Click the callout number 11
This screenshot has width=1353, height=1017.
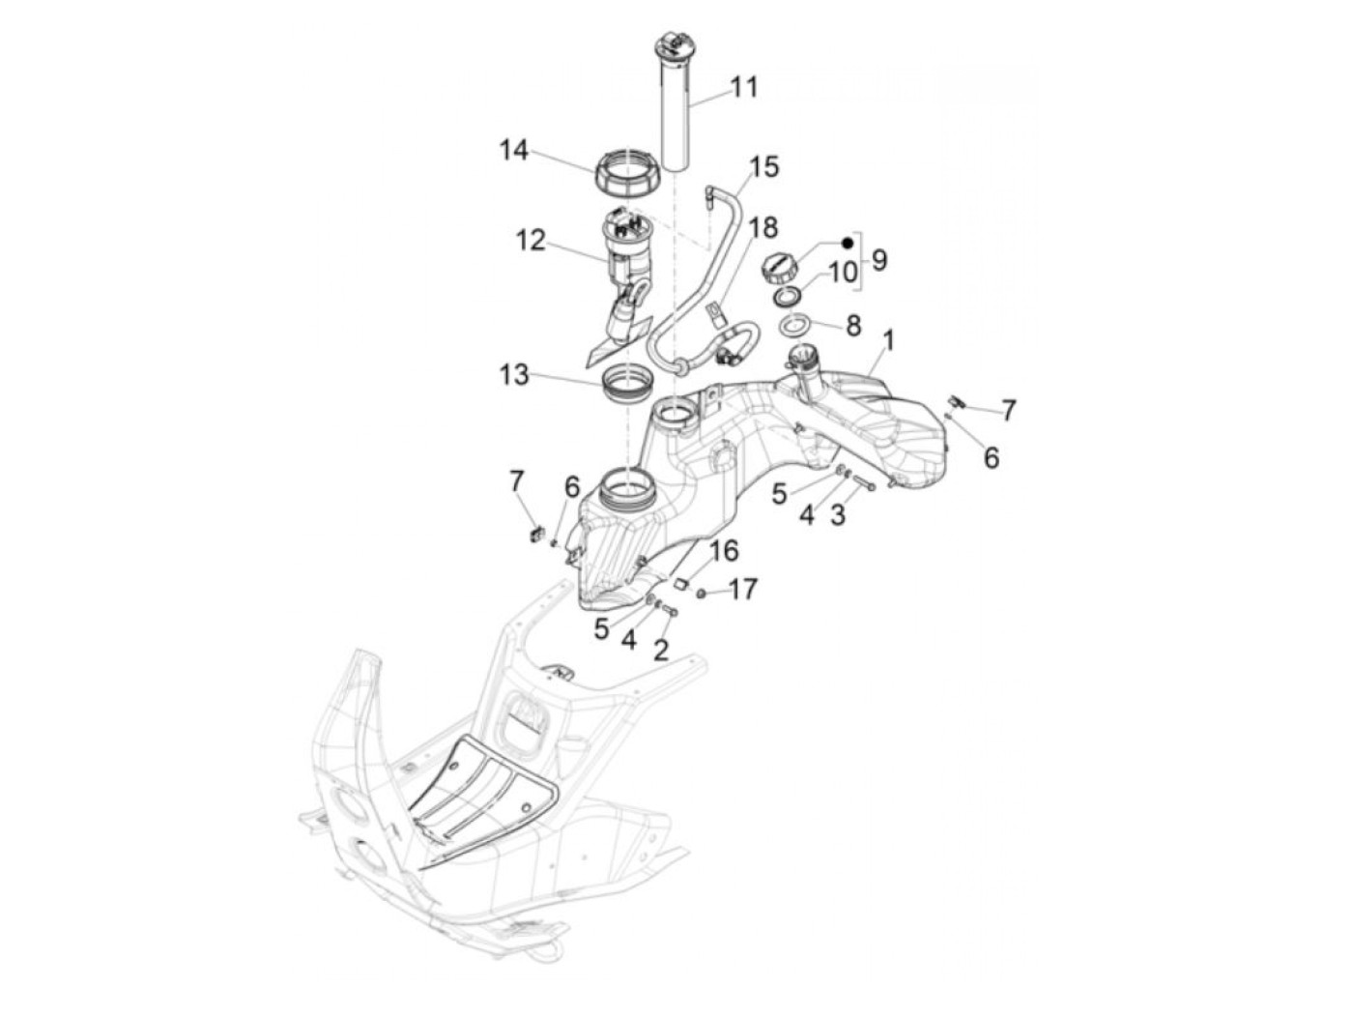coord(744,87)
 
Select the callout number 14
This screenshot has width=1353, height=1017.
coord(514,151)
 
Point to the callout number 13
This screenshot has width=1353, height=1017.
coord(514,374)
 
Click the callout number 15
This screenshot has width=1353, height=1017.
coord(763,166)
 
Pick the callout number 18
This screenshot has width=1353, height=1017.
coord(763,228)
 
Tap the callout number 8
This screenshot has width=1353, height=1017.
coord(852,326)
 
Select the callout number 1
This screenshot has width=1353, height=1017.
coord(888,340)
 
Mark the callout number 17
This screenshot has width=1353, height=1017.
coord(743,589)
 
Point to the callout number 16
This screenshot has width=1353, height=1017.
coord(724,551)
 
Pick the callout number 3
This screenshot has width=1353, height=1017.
coord(837,515)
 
